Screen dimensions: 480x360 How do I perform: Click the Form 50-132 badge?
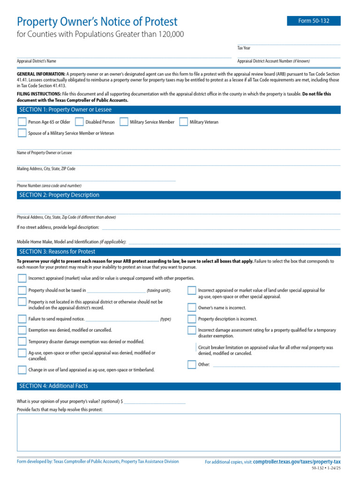tap(314, 21)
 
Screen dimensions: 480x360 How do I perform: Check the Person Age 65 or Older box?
tap(22, 122)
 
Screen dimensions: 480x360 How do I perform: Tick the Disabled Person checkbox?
tap(79, 122)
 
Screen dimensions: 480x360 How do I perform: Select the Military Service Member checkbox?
tap(124, 122)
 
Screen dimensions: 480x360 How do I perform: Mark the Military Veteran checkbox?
tap(184, 122)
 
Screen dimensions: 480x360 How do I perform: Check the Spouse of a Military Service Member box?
tap(22, 133)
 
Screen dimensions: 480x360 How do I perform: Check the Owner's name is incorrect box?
tap(192, 308)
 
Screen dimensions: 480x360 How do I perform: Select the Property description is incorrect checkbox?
tap(192, 319)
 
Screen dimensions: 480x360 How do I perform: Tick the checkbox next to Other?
tap(192, 365)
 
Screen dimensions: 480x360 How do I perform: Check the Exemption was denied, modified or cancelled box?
tap(22, 330)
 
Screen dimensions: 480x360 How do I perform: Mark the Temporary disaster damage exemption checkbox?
tap(22, 342)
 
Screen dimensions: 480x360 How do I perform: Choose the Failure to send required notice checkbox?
tap(22, 319)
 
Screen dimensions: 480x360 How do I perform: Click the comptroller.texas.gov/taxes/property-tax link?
tap(297, 462)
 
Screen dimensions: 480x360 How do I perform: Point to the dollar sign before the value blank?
tap(122, 402)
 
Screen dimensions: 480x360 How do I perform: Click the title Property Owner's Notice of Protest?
tap(97, 22)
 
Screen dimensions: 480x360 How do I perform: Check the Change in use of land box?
tap(22, 370)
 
